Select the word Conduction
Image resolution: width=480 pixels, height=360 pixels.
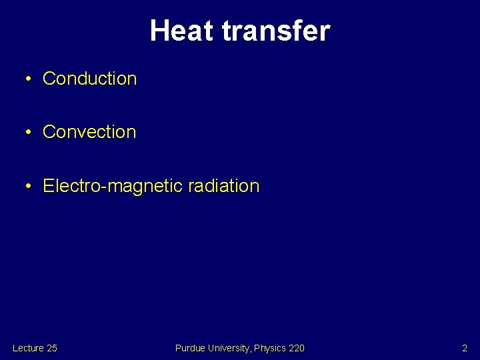(x=89, y=79)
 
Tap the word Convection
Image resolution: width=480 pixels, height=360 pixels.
(x=89, y=132)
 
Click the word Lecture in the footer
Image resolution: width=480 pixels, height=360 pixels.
(x=28, y=348)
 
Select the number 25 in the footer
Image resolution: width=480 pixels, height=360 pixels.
(x=51, y=348)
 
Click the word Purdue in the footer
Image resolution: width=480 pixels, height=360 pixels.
(x=189, y=348)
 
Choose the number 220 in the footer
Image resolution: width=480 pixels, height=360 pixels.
(x=297, y=348)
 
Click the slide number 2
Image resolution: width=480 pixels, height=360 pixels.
(x=465, y=348)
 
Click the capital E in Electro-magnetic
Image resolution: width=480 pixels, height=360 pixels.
(x=48, y=186)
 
